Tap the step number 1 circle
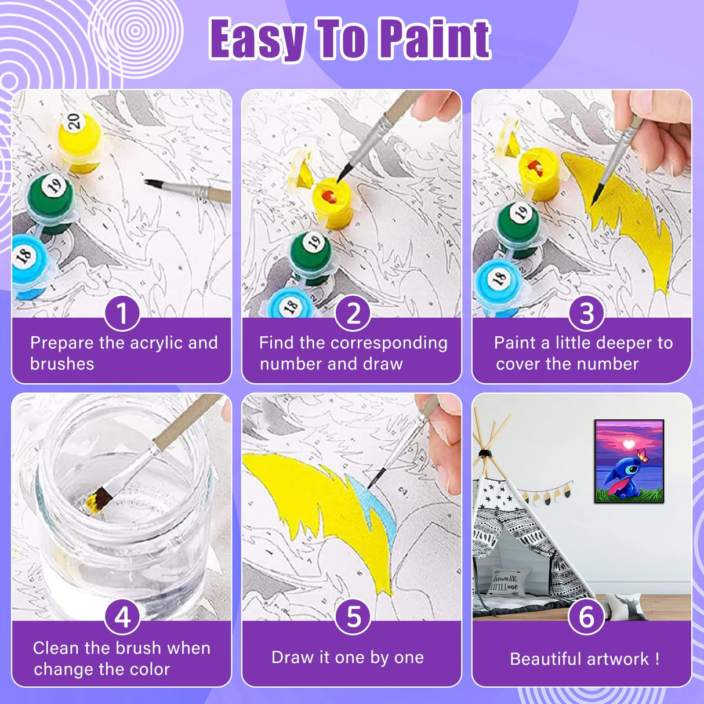(x=122, y=313)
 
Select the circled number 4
(x=122, y=616)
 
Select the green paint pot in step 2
(x=311, y=255)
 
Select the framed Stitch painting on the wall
(x=629, y=461)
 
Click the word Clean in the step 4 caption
(x=56, y=648)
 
